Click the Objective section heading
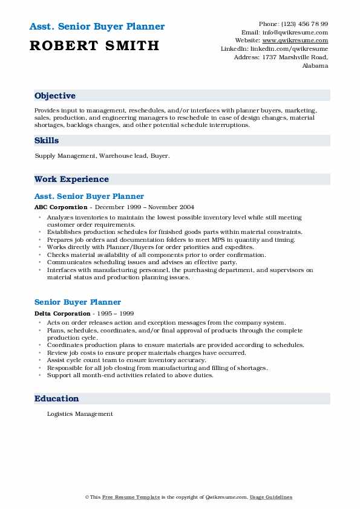tap(55, 96)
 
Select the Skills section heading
tap(47, 140)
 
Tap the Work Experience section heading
tap(71, 179)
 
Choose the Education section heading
tap(56, 399)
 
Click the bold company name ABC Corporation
tap(61, 207)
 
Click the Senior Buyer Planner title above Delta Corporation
tap(77, 302)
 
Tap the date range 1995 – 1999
tap(117, 314)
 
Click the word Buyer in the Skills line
tap(160, 156)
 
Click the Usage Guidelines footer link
tap(271, 497)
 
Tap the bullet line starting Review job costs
tap(146, 353)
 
